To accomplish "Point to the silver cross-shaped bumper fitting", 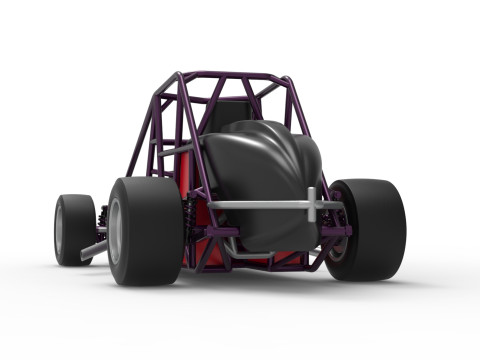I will (x=313, y=204).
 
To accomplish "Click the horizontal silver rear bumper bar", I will (x=260, y=205).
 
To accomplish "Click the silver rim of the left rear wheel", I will (x=117, y=232).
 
